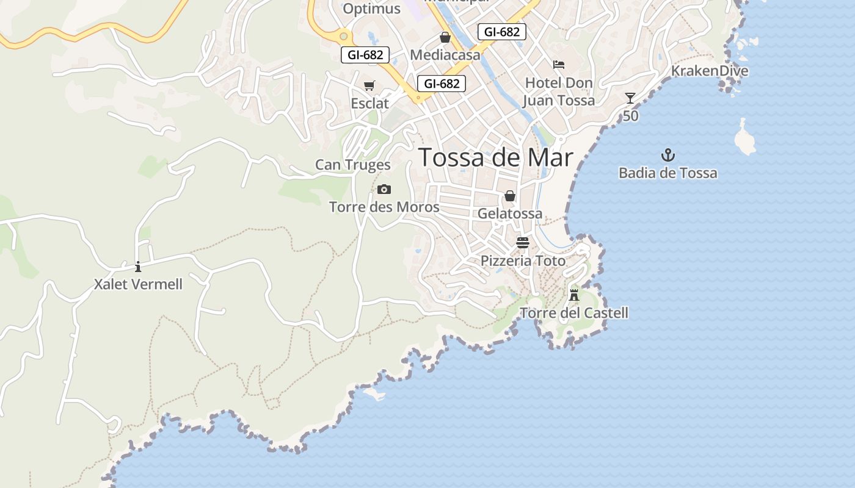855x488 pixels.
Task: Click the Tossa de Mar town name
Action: tap(496, 157)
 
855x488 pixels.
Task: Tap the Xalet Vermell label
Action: tap(138, 284)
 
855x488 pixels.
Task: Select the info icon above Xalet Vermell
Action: tap(138, 267)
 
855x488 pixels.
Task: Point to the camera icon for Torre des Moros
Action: tap(384, 189)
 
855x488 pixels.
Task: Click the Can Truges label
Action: tap(353, 165)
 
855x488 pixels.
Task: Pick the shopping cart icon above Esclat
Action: tap(369, 86)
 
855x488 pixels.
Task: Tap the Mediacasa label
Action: tap(445, 55)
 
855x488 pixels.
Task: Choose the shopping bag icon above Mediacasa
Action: tap(445, 38)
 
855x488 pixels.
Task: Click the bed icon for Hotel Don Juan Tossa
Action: tap(559, 65)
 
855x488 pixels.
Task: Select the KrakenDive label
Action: tap(710, 71)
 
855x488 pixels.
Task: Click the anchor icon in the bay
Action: tap(668, 155)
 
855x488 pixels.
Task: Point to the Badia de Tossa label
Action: tap(668, 173)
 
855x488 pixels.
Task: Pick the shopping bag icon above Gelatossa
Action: tap(510, 196)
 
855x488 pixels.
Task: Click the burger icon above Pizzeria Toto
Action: tap(522, 243)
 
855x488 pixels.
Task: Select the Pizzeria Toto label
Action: tap(523, 261)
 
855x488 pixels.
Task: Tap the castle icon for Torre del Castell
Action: tap(574, 295)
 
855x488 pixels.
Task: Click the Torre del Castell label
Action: tap(574, 314)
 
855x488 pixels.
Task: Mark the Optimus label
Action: tap(371, 9)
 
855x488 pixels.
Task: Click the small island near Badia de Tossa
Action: tap(745, 138)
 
